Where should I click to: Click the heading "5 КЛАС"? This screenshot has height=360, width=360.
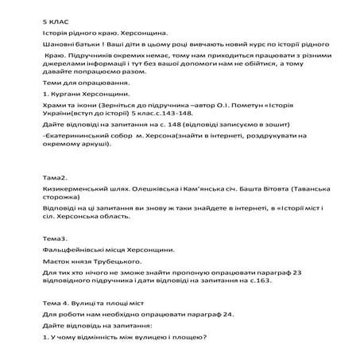click(56, 18)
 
